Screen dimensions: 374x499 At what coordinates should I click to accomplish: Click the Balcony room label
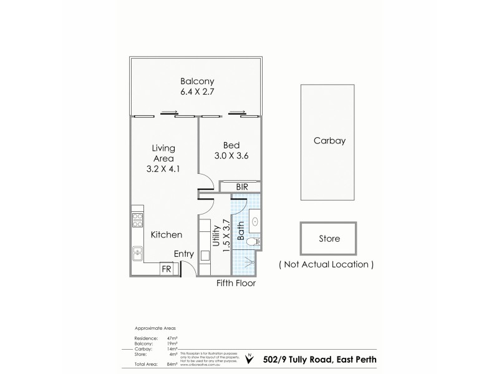tap(197, 81)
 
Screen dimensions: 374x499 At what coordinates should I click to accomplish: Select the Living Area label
tap(163, 153)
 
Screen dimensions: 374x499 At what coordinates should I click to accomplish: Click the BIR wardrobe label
tap(240, 186)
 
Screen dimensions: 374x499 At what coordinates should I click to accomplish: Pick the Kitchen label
tap(167, 235)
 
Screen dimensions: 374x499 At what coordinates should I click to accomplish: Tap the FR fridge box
tap(167, 269)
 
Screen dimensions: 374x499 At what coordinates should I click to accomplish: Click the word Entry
tap(184, 254)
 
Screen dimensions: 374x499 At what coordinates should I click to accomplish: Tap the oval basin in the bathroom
tap(256, 220)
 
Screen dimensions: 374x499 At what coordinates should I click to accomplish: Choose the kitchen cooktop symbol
tap(137, 220)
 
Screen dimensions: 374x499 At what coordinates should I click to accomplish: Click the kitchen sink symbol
tap(137, 254)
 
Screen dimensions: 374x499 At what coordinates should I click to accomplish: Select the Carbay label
tap(329, 141)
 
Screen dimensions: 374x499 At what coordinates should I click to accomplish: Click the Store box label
tap(329, 239)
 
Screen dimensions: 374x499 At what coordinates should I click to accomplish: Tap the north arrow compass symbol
tap(249, 358)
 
